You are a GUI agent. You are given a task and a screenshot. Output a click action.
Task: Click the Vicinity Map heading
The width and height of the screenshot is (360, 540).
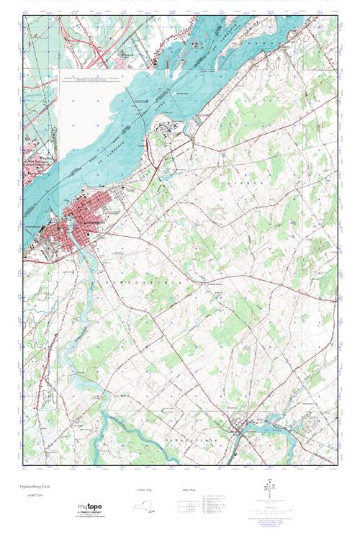(145, 490)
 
